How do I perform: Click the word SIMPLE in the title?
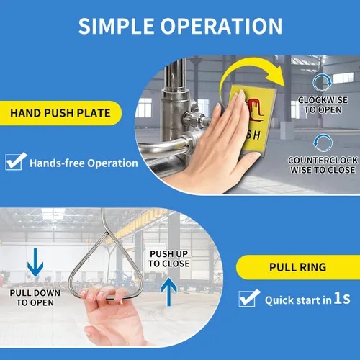[x=116, y=26]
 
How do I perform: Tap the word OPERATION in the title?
[x=221, y=26]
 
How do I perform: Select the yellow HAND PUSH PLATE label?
[x=60, y=113]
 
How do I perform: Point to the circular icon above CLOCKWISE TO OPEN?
[x=323, y=83]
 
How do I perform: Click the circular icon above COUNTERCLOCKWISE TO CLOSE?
[x=323, y=143]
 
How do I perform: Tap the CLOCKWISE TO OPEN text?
[x=323, y=104]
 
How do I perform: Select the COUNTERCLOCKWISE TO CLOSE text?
[x=323, y=165]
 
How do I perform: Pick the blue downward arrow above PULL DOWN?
[x=35, y=263]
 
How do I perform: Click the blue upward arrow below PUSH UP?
[x=169, y=292]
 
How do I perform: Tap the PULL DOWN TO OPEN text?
[x=35, y=297]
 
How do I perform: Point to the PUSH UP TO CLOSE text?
[x=168, y=258]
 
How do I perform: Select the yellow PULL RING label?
[x=298, y=267]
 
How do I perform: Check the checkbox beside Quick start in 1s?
[x=249, y=298]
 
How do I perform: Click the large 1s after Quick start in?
[x=342, y=298]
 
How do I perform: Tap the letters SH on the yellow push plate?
[x=253, y=135]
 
